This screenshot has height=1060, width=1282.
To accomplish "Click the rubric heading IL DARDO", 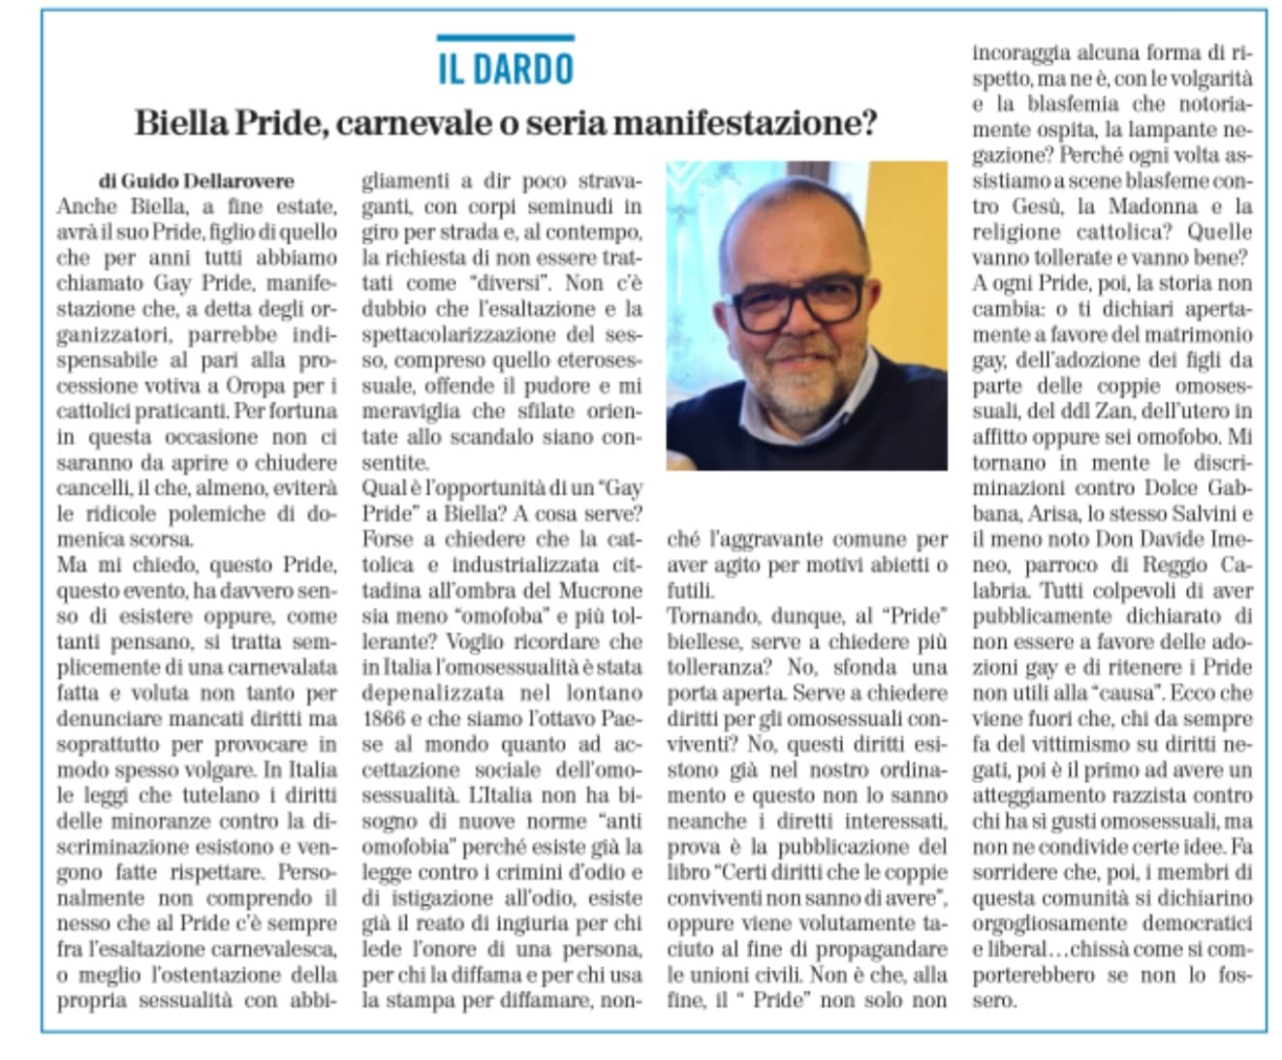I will click(x=505, y=69).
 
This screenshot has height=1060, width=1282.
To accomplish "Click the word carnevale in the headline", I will click(x=409, y=124).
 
